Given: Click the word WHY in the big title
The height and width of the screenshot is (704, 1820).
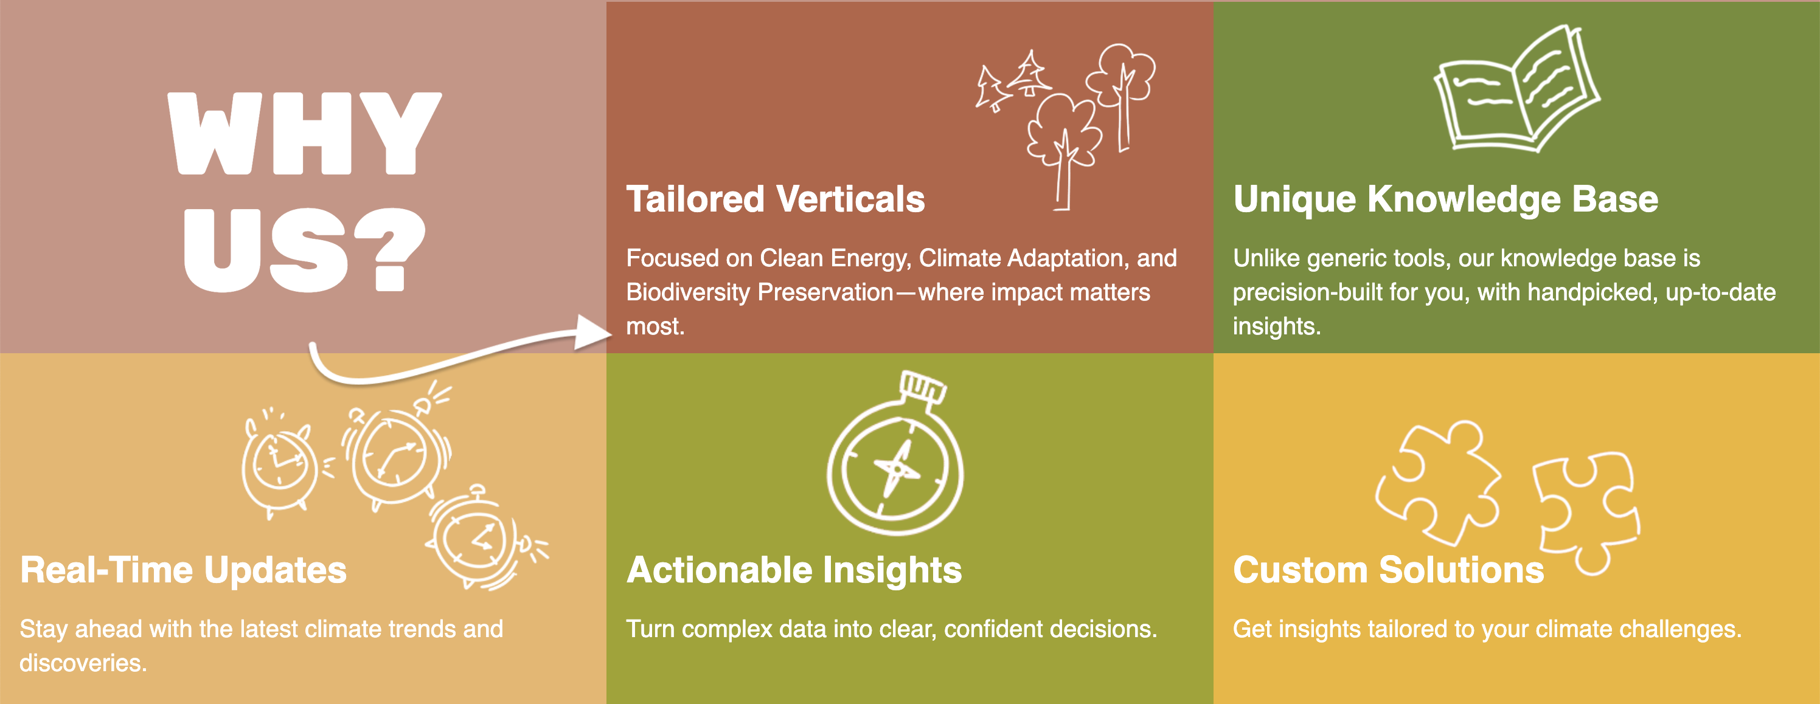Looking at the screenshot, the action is [305, 134].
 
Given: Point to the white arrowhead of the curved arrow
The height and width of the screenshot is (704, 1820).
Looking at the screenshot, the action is [592, 332].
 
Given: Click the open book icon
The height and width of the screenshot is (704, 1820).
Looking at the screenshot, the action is [1515, 88].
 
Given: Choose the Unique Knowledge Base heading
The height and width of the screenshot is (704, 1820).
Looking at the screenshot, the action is [1445, 200].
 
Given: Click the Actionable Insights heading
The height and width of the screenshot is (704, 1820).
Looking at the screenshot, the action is [794, 570].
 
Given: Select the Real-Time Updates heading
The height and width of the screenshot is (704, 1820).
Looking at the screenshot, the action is [183, 570].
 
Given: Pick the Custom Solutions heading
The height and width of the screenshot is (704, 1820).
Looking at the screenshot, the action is [1388, 570].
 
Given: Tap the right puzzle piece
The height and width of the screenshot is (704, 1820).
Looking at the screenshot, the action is [1587, 511].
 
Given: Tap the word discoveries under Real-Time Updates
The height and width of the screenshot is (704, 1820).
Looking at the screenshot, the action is [83, 663].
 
